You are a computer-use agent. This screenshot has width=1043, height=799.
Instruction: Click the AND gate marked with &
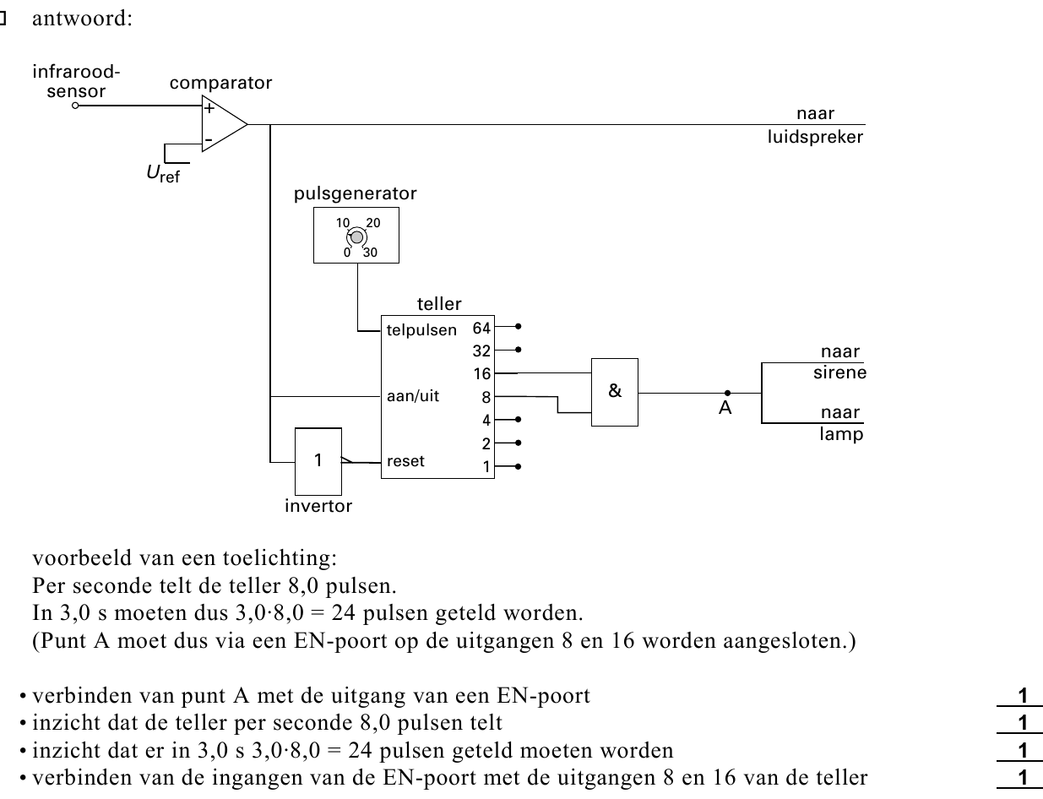614,392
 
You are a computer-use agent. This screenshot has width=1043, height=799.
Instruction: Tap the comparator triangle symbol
225,124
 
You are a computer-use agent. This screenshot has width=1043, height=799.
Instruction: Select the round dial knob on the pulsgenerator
356,237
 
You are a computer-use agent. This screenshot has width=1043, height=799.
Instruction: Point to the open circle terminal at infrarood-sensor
75,106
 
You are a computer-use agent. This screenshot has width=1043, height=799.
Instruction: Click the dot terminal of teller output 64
518,326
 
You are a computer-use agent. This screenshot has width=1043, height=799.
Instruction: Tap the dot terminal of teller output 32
518,350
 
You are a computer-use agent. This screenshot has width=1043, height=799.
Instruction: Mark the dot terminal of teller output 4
518,420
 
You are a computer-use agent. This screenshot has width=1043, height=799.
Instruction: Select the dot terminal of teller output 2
518,443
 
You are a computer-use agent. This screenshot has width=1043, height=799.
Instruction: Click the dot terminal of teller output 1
518,466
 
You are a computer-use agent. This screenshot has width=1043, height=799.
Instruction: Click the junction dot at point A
728,393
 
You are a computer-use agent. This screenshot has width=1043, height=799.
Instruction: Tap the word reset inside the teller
405,461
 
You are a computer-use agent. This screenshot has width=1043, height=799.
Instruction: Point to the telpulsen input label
421,330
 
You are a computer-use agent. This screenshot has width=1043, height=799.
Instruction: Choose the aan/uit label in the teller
413,396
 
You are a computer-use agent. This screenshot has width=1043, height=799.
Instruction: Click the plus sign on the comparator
209,108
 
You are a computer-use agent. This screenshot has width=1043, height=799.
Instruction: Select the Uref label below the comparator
163,174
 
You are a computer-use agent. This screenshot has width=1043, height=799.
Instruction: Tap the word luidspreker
815,137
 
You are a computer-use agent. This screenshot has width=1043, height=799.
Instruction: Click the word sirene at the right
840,372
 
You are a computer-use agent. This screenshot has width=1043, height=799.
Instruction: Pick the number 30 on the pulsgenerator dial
370,253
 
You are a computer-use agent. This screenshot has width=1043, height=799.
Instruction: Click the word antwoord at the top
82,19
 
